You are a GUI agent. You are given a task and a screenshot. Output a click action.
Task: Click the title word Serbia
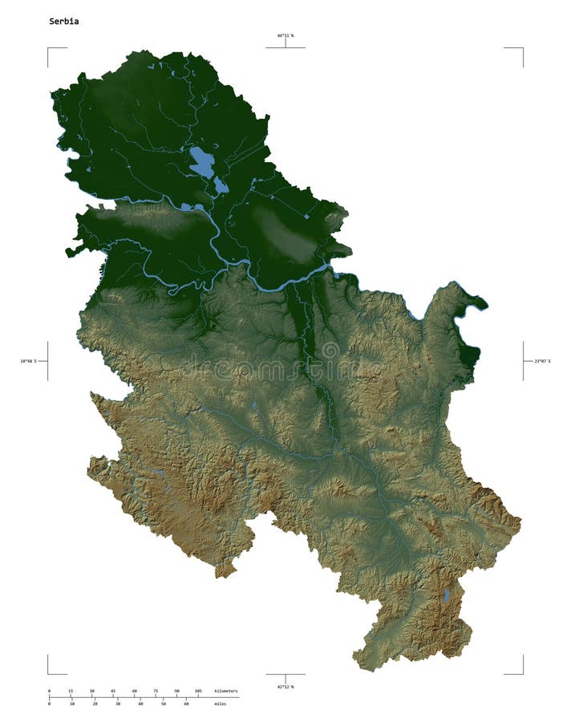click(64, 22)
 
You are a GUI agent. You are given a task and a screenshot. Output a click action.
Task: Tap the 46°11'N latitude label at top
click(285, 36)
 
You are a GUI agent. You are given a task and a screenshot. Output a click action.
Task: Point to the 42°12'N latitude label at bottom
click(285, 687)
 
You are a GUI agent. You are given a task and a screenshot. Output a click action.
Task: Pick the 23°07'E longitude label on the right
click(543, 361)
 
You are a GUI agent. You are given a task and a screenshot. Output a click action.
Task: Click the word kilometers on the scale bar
click(226, 691)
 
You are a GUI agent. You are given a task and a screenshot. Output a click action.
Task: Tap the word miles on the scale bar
click(220, 704)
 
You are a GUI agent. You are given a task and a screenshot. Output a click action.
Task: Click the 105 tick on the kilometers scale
click(198, 691)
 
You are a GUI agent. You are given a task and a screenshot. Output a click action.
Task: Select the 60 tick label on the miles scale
click(186, 704)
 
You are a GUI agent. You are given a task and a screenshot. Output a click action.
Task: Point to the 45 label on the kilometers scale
click(113, 691)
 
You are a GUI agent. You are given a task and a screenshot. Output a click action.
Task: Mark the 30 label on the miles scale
click(117, 704)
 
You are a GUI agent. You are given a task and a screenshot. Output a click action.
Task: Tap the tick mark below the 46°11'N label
click(285, 44)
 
